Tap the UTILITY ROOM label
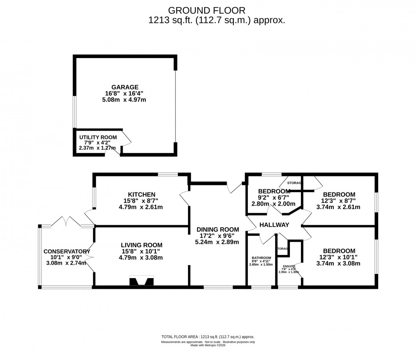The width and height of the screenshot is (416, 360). coord(97,137)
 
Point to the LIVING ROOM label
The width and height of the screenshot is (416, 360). coord(141,245)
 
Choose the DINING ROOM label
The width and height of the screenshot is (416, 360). coord(217,229)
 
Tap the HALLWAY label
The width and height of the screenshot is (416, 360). coord(274,225)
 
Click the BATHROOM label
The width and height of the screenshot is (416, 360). coord(261,258)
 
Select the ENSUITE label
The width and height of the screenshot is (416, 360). coord(288,266)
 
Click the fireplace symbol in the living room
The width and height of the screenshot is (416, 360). coord(141,281)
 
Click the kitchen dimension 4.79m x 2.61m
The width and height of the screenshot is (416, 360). coord(135,207)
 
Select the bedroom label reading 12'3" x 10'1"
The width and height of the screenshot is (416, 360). coord(339,257)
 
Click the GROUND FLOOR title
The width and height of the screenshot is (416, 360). coord(207,10)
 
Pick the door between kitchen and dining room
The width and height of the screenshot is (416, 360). coord(185,199)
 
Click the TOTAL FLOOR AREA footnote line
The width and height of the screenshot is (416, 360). coord(208,337)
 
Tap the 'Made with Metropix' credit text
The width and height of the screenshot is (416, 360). coord(208,345)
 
